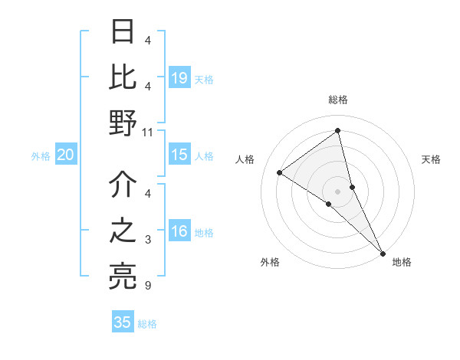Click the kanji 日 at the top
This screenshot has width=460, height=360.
[x=123, y=31]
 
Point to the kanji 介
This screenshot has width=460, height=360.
[x=123, y=184]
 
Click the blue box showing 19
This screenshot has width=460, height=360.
[x=179, y=77]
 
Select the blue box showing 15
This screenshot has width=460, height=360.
[x=179, y=155]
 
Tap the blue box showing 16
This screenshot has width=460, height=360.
[x=179, y=232]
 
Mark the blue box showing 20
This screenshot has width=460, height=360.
[x=65, y=155]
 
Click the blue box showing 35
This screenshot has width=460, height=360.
[x=123, y=322]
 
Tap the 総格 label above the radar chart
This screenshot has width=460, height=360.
[x=337, y=100]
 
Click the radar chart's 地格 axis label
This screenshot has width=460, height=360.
[x=402, y=263]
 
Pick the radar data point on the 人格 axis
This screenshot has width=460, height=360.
[x=280, y=172]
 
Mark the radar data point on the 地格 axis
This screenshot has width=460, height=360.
[x=382, y=252]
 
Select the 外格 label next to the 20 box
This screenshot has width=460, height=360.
[x=41, y=156]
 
